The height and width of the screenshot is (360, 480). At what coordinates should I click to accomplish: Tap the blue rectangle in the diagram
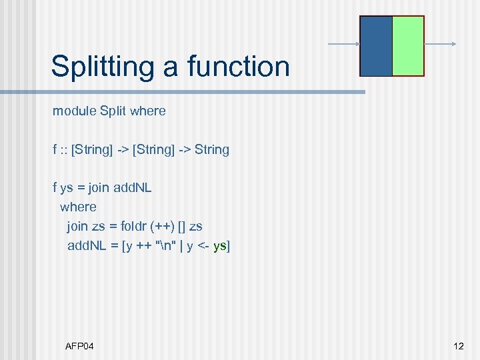[376, 46]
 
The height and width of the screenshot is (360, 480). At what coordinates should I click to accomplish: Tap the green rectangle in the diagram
[408, 46]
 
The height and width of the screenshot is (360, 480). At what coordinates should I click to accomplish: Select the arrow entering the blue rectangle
[343, 45]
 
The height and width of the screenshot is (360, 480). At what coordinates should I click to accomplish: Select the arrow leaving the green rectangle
[440, 45]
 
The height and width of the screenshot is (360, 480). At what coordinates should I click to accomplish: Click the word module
[75, 111]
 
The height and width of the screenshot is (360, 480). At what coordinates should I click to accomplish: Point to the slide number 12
[458, 346]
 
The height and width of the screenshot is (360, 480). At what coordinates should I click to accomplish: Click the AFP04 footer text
[79, 346]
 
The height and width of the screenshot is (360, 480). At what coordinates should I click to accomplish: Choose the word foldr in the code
[135, 227]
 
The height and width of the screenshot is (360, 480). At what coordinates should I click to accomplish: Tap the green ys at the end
[219, 246]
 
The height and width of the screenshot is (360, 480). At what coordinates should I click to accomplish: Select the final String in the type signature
[212, 150]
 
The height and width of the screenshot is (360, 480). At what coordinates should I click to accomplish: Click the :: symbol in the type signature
[64, 150]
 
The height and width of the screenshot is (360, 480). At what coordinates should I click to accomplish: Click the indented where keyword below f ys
[78, 207]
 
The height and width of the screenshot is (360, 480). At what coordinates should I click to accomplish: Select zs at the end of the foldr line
[196, 227]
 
